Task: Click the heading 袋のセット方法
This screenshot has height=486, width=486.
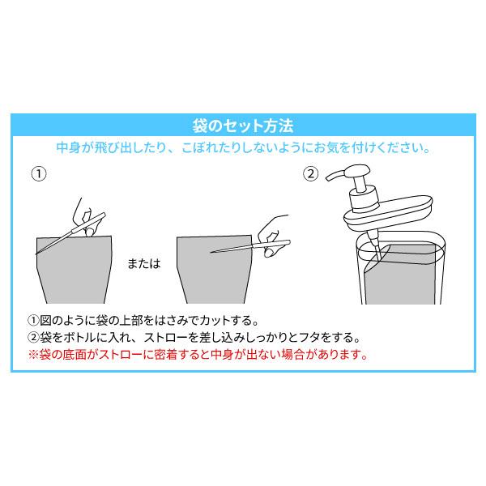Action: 242,126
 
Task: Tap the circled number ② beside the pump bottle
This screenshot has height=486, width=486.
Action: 309,173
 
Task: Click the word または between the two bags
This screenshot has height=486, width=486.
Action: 143,264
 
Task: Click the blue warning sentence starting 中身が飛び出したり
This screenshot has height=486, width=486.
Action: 242,149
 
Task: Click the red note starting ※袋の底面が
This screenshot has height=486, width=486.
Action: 198,354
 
